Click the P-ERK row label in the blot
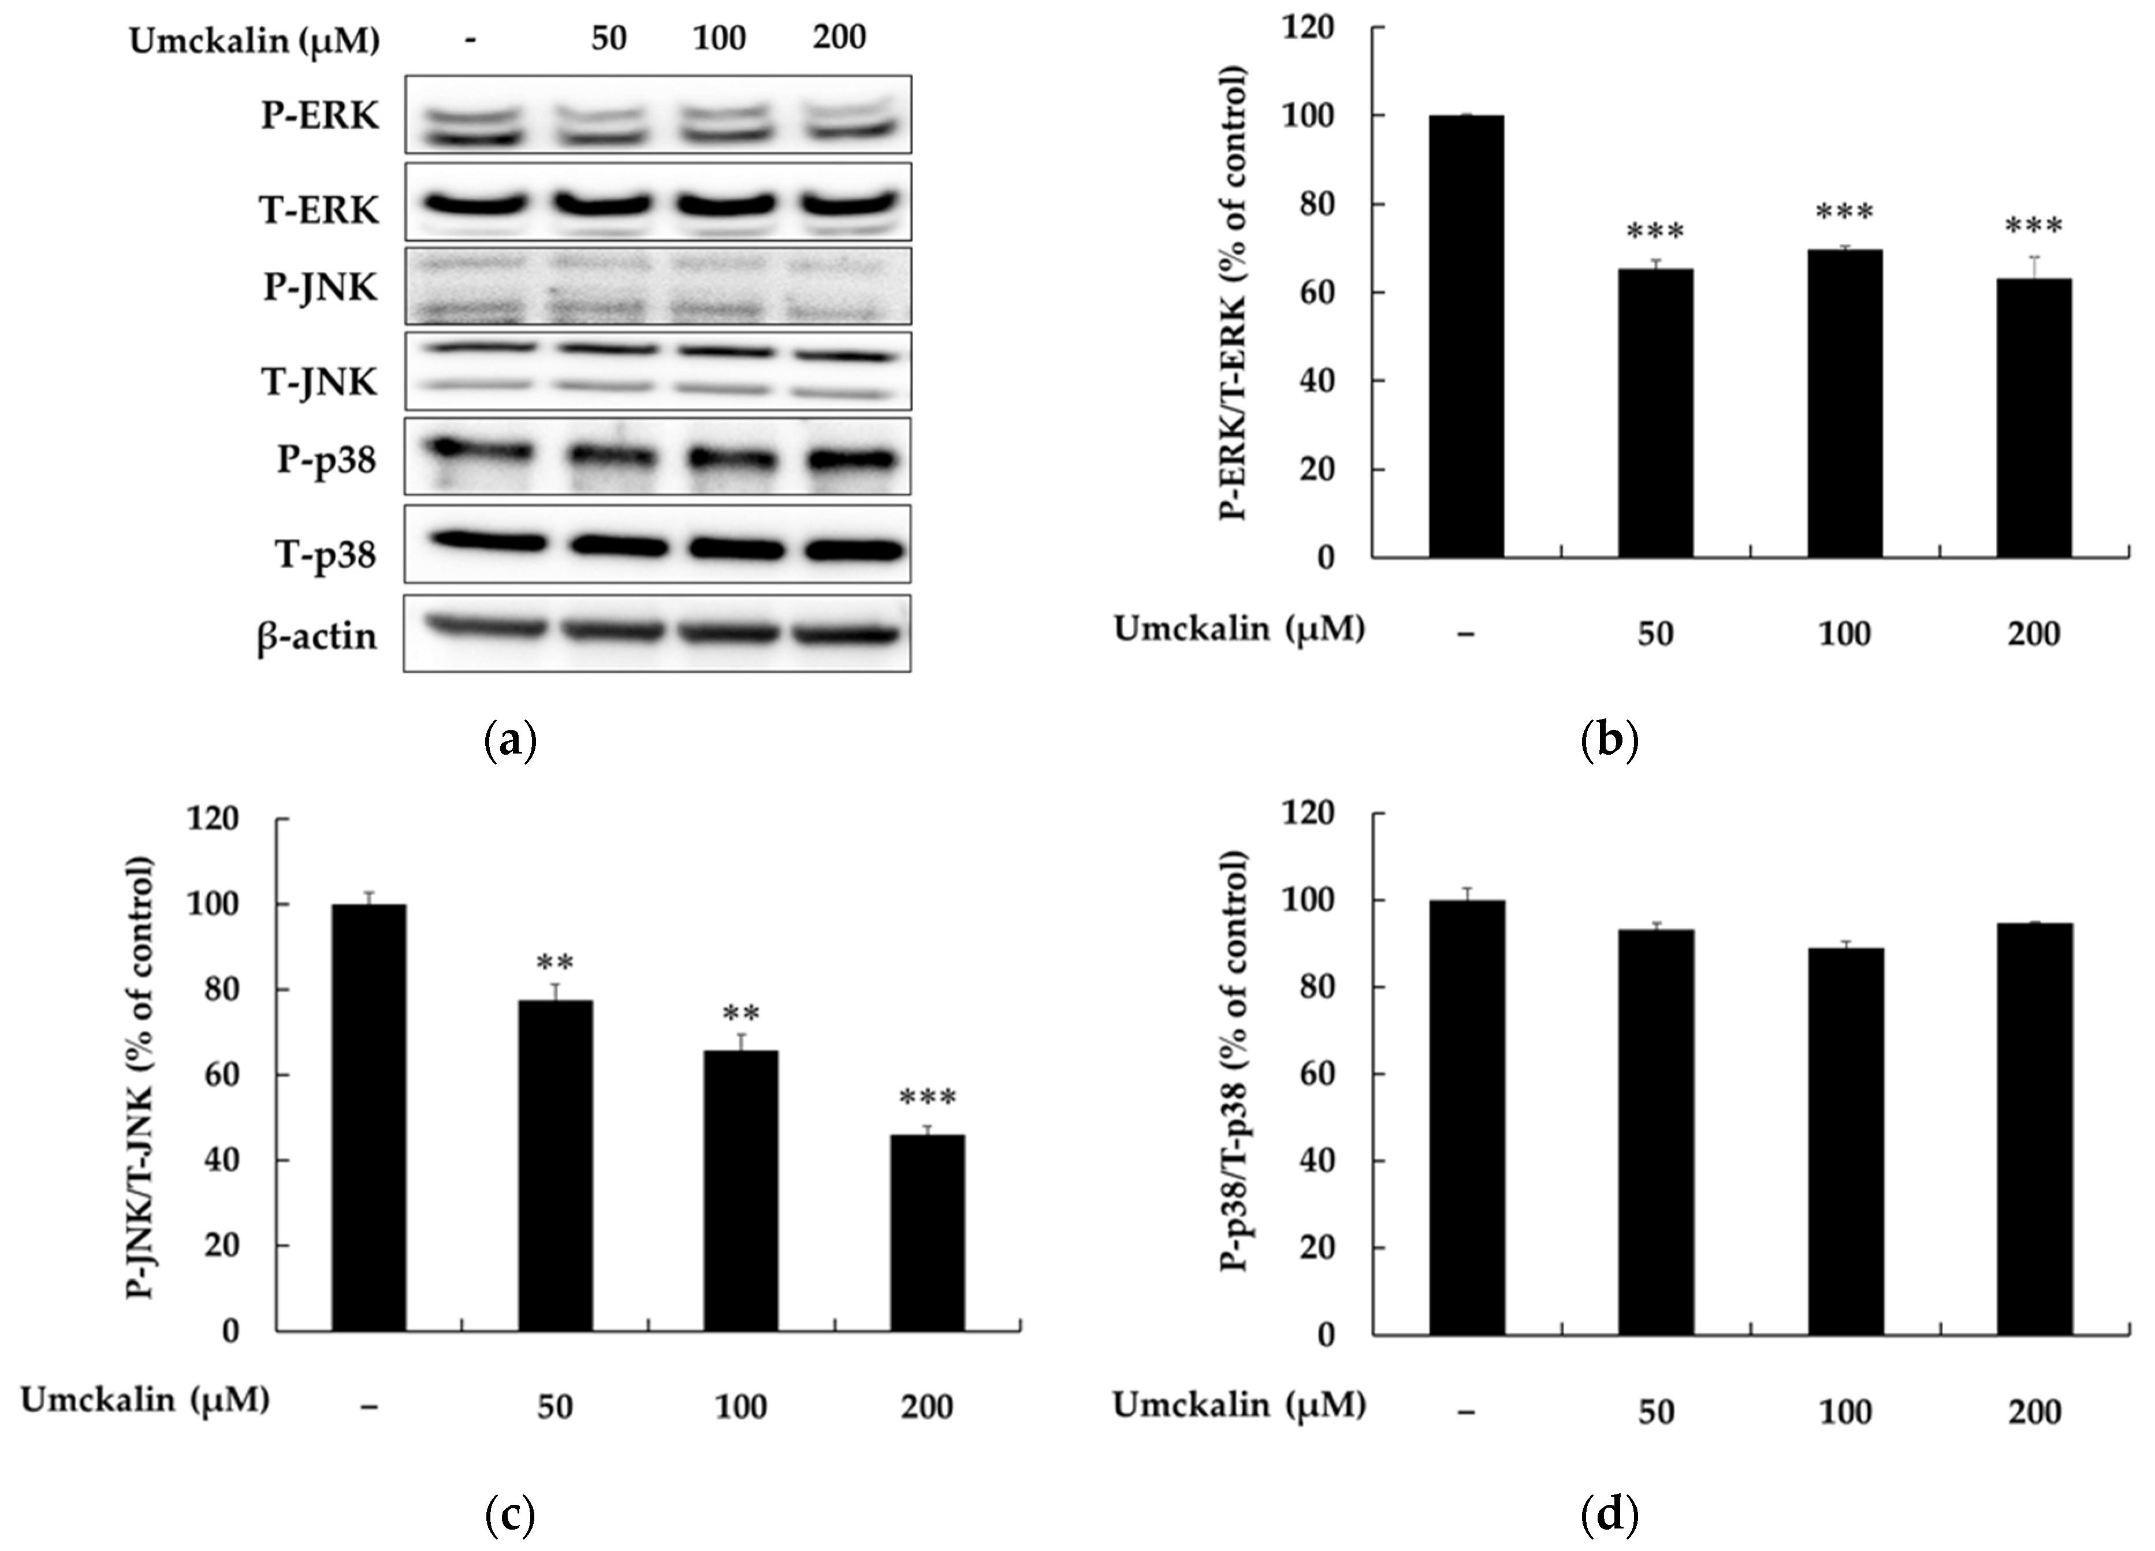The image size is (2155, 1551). tap(320, 116)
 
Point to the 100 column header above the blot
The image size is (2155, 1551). tap(719, 39)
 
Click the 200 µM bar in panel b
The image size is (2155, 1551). tap(2033, 418)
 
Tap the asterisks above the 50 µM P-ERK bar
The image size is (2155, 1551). tap(1655, 233)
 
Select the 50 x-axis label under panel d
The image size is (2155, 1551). tap(1655, 1412)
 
